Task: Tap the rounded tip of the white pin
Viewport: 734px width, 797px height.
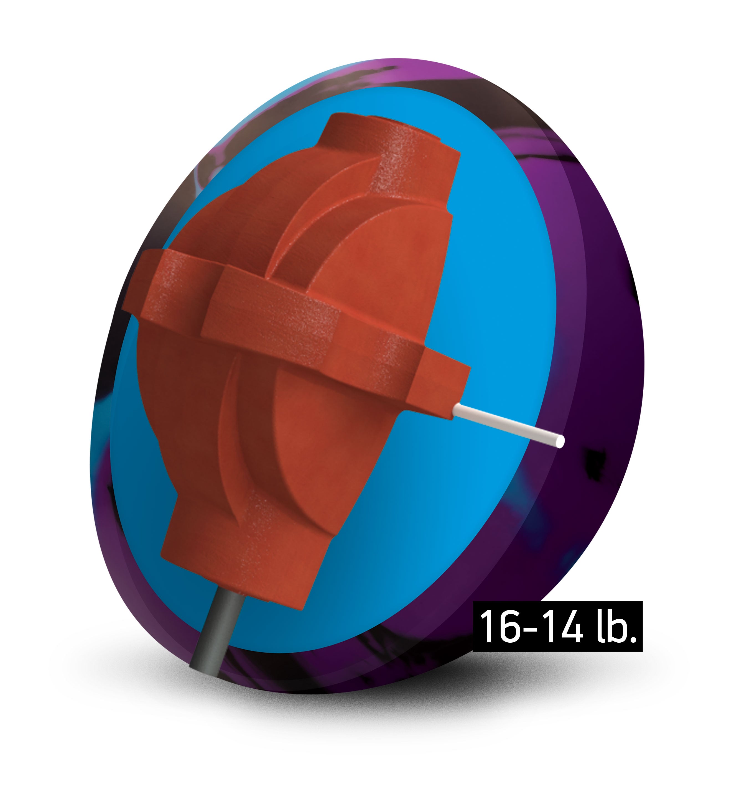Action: click(560, 441)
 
